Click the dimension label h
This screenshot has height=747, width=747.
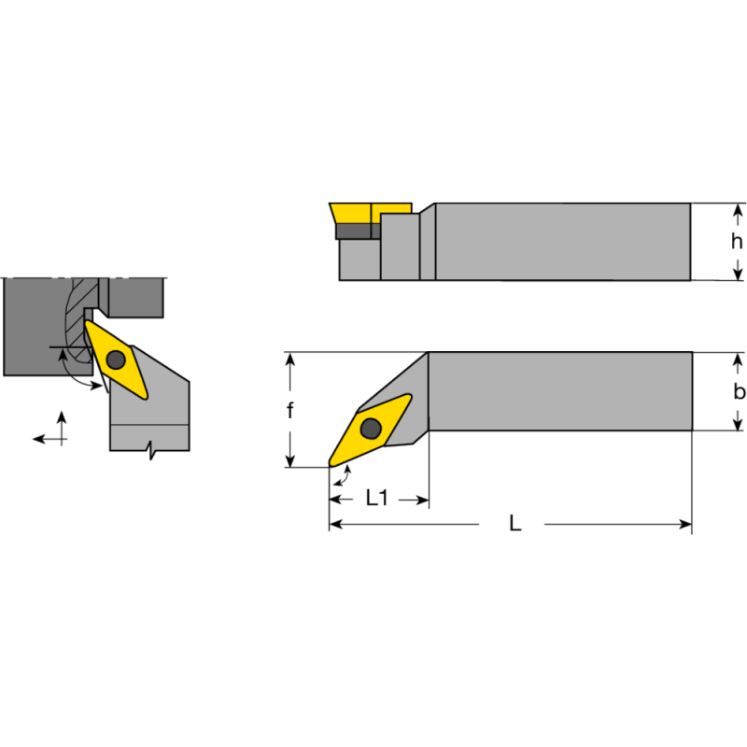(738, 241)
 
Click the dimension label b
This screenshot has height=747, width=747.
(738, 392)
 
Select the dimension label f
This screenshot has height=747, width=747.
(290, 411)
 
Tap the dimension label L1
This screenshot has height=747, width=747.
(377, 499)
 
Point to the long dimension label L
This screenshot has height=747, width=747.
(514, 524)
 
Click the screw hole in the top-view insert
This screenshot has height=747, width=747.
(371, 428)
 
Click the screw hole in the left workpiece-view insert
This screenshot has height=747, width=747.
(116, 359)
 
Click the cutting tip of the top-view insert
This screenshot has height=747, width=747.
(331, 463)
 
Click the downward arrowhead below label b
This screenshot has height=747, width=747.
(738, 424)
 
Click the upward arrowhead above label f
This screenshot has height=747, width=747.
(290, 359)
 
